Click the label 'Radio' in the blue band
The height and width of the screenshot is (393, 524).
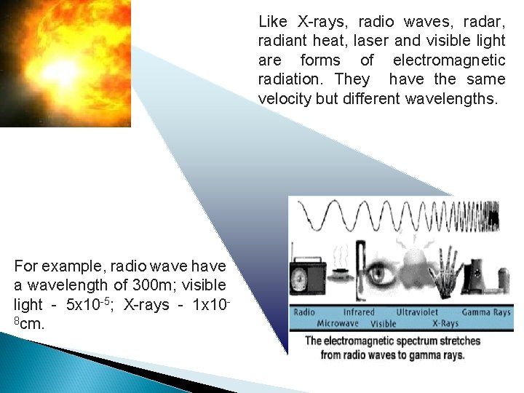pos(304,312)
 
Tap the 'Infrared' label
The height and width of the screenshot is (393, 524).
pos(359,312)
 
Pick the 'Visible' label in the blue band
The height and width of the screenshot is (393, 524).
pos(383,323)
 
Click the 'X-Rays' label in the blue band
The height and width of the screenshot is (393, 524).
pos(445,323)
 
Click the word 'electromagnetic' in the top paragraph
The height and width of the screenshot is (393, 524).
pos(449,60)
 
